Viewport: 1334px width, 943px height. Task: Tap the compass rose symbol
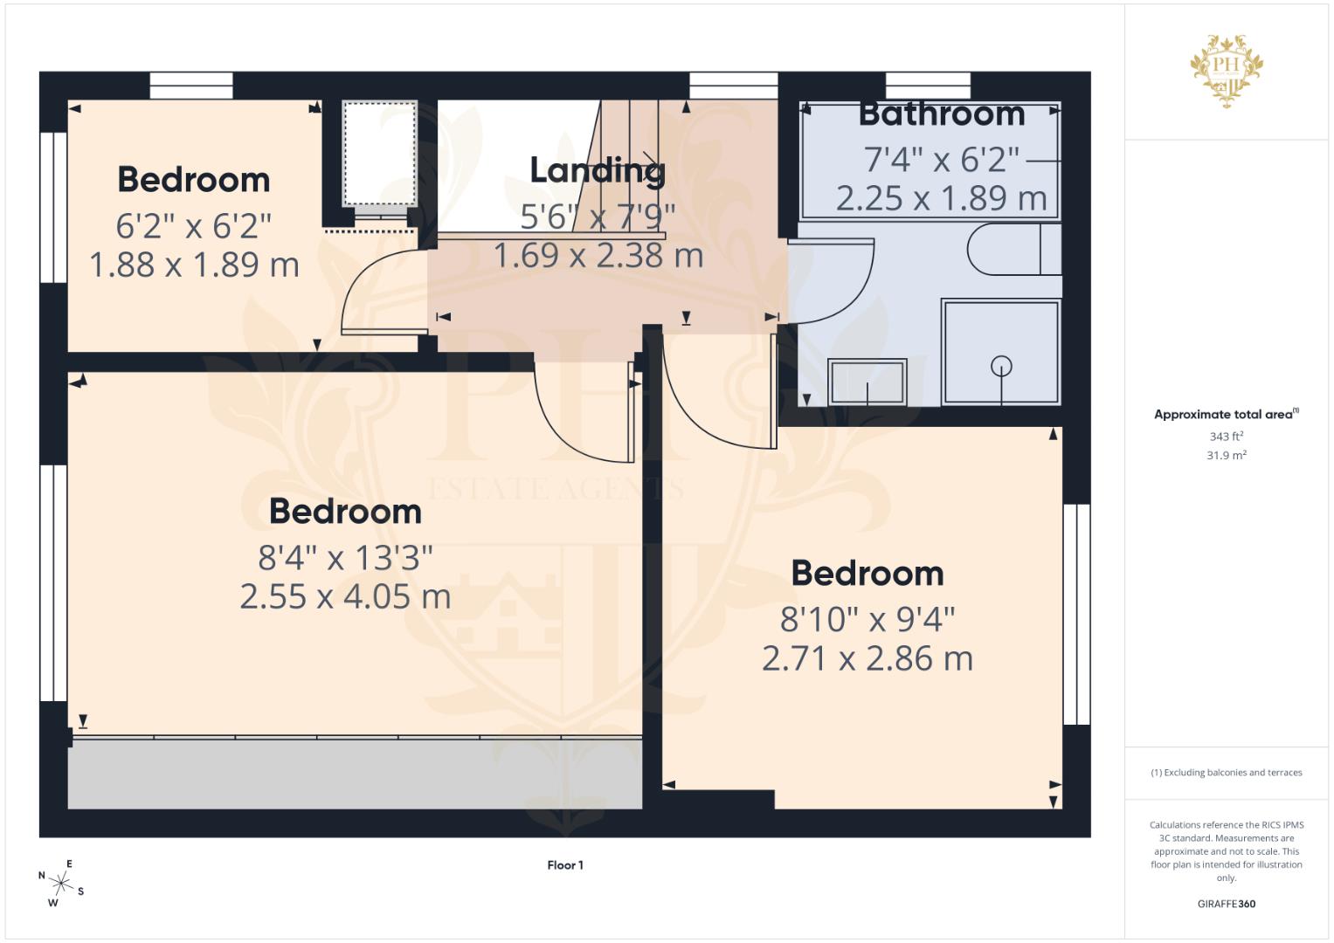point(60,883)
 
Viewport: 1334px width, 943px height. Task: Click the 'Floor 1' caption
point(565,865)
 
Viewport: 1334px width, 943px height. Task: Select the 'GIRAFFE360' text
point(1226,904)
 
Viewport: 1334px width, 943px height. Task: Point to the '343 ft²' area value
point(1226,436)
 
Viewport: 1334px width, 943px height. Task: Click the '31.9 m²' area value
point(1226,455)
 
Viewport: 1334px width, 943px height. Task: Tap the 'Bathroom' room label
point(941,114)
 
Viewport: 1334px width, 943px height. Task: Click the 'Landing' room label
point(598,170)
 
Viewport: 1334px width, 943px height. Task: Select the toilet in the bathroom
point(1013,250)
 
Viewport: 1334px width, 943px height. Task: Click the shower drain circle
point(1001,366)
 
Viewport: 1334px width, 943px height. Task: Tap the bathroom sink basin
point(867,382)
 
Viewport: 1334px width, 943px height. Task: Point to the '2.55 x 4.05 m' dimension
point(345,597)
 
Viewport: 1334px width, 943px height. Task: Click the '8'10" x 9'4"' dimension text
point(867,620)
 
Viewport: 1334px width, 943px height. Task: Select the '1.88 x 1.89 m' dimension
point(194,265)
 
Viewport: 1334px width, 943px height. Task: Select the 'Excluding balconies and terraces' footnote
point(1226,773)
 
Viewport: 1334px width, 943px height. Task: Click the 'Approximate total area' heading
point(1225,415)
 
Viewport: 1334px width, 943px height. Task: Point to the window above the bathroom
point(928,86)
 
